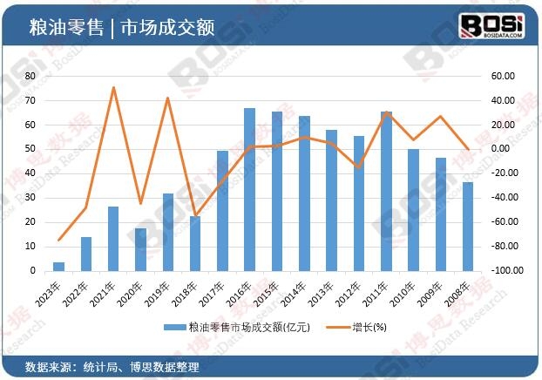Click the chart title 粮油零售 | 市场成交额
pyautogui.click(x=121, y=25)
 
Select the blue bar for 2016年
pyautogui.click(x=249, y=189)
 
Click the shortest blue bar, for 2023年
pyautogui.click(x=59, y=266)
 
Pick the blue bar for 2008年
pyautogui.click(x=468, y=226)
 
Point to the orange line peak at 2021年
pyautogui.click(x=113, y=87)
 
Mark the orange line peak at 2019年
pyautogui.click(x=168, y=98)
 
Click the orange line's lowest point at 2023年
pyautogui.click(x=59, y=240)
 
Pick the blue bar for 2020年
pyautogui.click(x=141, y=249)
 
